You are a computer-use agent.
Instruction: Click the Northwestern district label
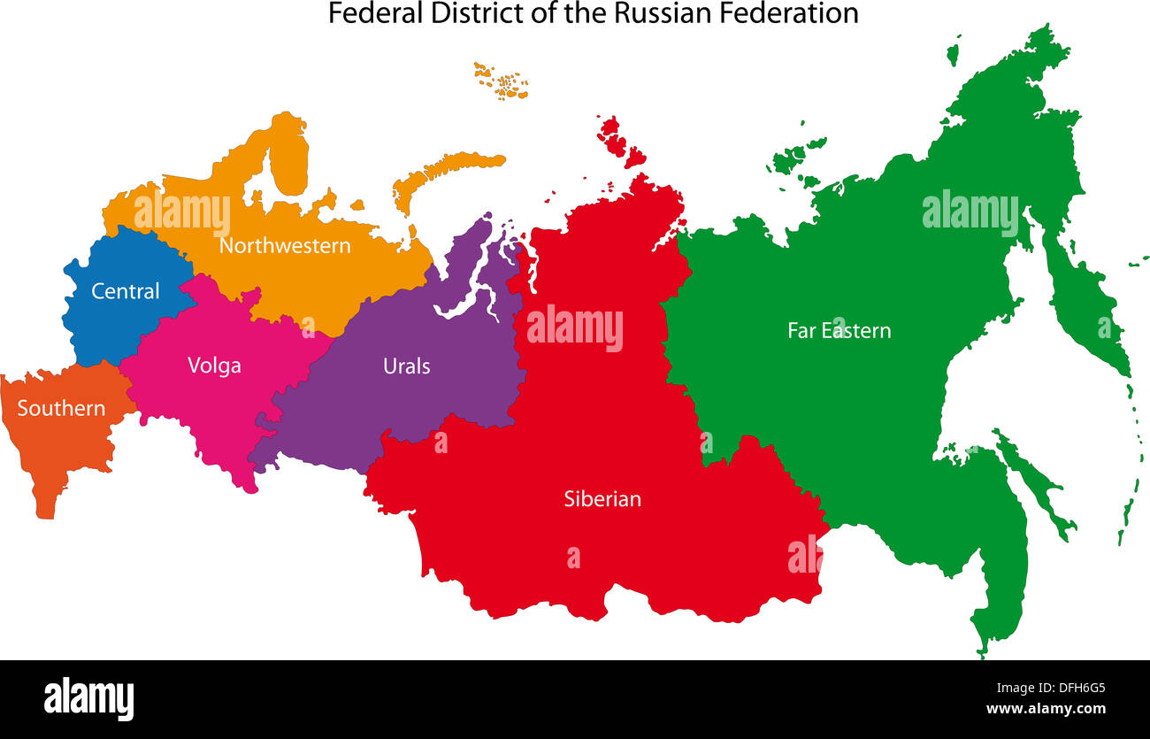click(x=285, y=246)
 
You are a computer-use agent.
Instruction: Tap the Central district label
click(x=126, y=291)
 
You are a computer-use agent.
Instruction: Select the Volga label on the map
click(x=214, y=366)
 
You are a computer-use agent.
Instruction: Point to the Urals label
click(x=406, y=366)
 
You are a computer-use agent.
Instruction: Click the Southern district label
click(x=61, y=409)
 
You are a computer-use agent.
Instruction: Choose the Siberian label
click(x=602, y=499)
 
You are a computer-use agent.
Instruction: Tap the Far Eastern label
click(x=839, y=331)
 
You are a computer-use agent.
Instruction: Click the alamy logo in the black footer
click(x=88, y=698)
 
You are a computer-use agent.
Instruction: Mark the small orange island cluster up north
click(x=502, y=81)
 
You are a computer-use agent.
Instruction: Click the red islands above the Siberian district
click(x=619, y=142)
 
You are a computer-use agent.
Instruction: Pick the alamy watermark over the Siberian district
click(x=574, y=328)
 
